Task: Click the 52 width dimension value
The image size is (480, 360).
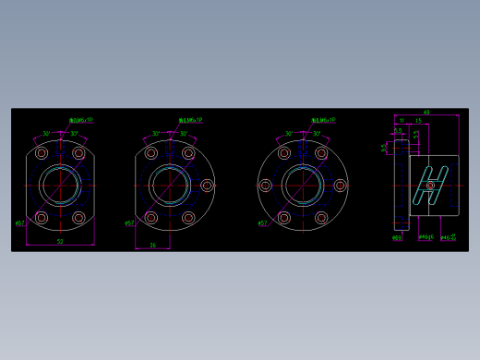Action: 60,241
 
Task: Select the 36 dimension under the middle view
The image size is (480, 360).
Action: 152,245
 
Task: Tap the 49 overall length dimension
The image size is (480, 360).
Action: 426,112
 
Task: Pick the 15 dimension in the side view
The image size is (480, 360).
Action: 419,120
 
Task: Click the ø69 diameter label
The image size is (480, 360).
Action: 396,237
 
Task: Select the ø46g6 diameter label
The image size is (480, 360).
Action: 425,237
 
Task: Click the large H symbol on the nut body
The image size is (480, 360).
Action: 431,184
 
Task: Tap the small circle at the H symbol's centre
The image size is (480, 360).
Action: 431,185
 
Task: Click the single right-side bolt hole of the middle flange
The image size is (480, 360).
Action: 207,186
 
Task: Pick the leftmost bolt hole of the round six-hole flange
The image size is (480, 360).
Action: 265,186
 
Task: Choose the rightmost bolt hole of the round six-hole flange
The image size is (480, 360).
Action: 341,186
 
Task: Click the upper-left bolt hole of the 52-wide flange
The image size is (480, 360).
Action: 42,152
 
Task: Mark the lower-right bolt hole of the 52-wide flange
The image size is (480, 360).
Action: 78,218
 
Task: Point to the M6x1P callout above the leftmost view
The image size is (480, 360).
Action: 81,120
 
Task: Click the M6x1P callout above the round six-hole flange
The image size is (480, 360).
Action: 324,120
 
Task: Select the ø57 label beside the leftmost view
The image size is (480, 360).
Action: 19,222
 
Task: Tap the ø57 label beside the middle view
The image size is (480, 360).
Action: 129,222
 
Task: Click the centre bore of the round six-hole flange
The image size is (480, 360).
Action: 303,185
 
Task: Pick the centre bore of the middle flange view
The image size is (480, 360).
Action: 170,185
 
